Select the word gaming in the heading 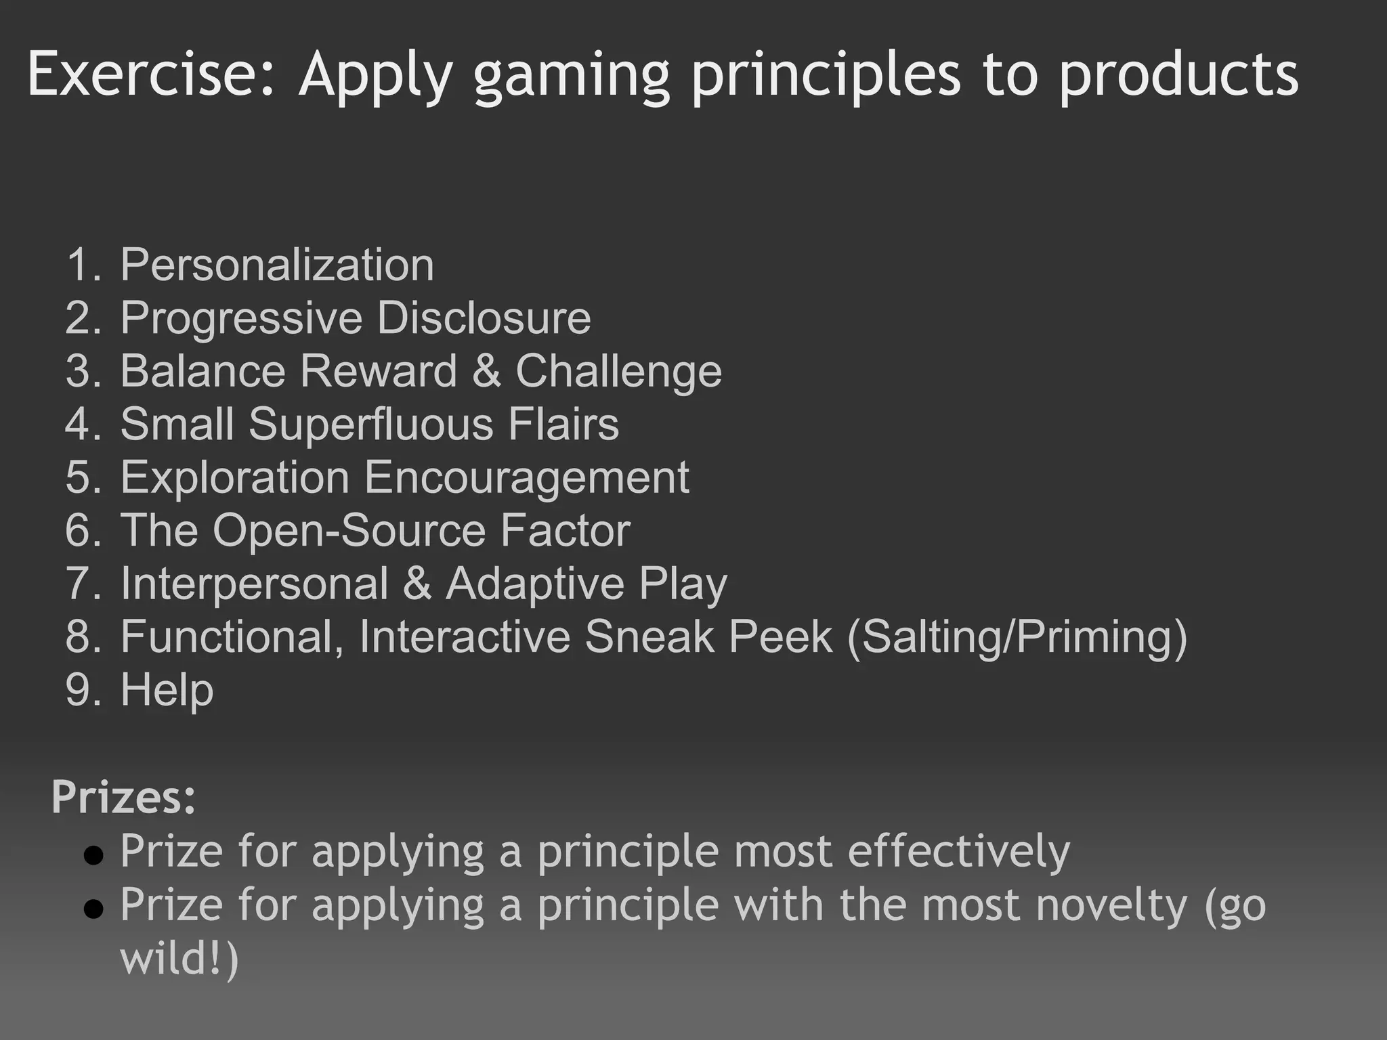tap(572, 78)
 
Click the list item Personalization tap(276, 264)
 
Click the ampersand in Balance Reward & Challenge tap(486, 371)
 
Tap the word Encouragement tap(526, 477)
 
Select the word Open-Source tap(349, 530)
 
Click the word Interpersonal tap(254, 583)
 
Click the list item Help tap(167, 689)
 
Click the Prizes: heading tap(123, 797)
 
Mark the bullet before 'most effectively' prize tap(93, 856)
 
